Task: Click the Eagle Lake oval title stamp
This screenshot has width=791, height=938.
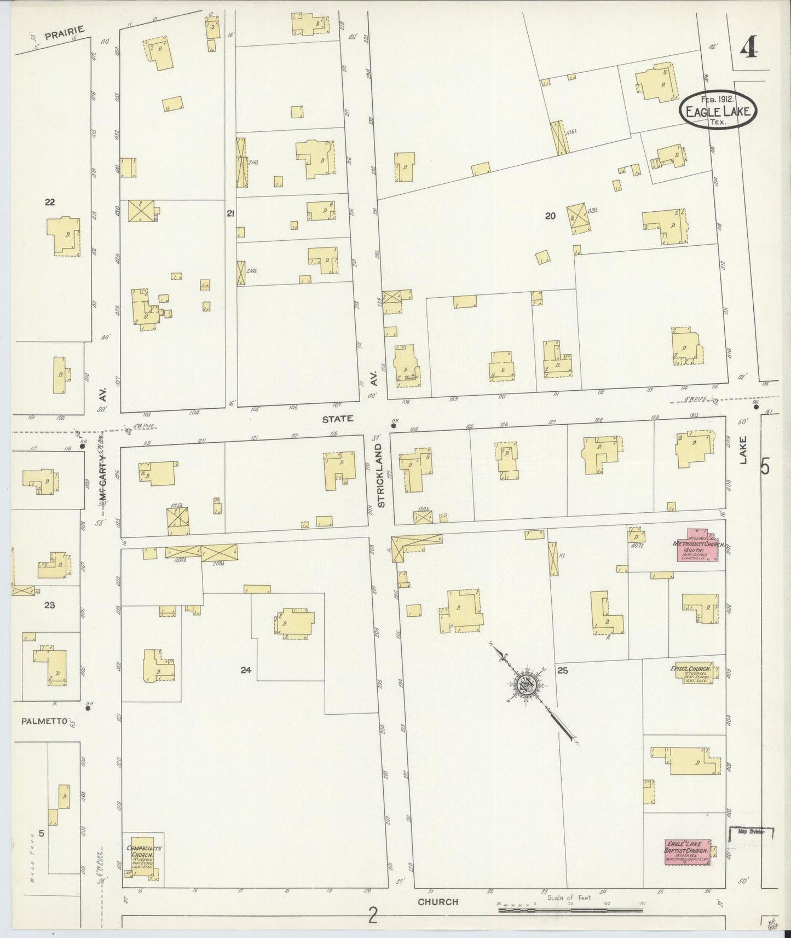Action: click(718, 110)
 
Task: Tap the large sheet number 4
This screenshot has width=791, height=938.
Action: click(748, 49)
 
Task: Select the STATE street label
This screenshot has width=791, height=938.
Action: click(338, 419)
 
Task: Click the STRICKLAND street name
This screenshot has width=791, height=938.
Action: click(382, 476)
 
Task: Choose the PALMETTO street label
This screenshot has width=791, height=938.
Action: click(44, 721)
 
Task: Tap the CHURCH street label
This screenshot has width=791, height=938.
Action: click(437, 901)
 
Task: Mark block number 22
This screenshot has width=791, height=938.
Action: click(50, 202)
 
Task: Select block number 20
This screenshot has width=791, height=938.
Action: click(550, 216)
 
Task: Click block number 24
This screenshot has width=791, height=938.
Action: click(246, 669)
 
